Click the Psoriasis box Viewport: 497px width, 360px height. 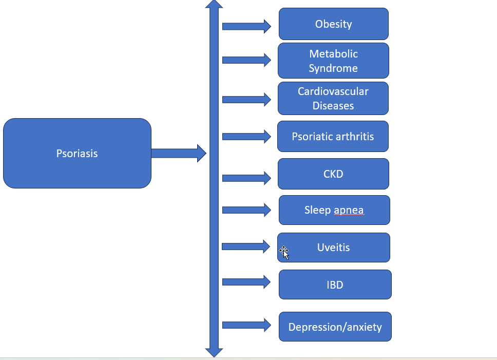point(77,153)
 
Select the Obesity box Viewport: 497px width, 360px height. point(333,24)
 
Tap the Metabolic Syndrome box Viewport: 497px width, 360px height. point(333,61)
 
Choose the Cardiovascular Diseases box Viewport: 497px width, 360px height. point(333,98)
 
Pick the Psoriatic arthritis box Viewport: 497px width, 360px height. point(333,137)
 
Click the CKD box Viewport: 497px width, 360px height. point(333,174)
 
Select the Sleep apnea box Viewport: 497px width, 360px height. point(334,210)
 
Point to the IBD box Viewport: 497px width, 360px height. point(335,285)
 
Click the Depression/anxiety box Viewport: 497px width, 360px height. point(335,327)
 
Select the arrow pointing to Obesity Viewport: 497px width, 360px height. point(246,26)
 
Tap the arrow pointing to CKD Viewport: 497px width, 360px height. point(246,178)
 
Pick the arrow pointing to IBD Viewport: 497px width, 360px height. point(246,281)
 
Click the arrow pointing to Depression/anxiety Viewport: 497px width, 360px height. point(246,325)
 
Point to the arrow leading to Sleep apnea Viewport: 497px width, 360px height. point(246,210)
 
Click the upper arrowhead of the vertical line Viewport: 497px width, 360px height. point(214,5)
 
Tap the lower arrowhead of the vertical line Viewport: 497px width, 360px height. point(214,352)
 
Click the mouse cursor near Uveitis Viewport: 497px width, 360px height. point(284,252)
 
